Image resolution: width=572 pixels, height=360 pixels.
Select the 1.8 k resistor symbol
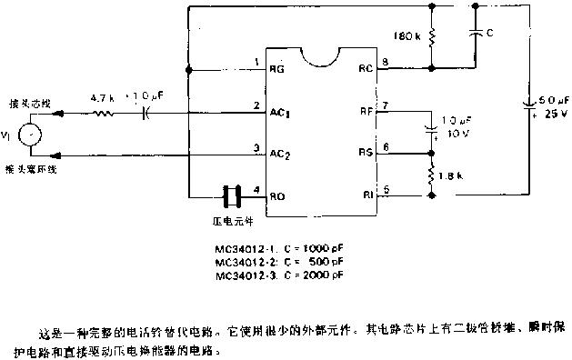(x=431, y=172)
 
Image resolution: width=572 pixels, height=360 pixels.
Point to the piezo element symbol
(x=232, y=195)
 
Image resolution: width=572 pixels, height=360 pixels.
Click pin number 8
(x=386, y=61)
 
